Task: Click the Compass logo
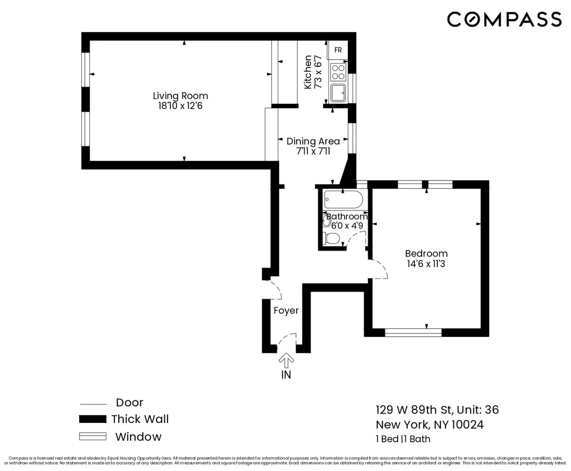[504, 19]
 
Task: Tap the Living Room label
[180, 96]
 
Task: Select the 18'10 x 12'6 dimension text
[180, 106]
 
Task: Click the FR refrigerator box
[338, 50]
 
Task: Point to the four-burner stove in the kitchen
[338, 72]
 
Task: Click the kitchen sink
[338, 93]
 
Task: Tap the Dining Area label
[313, 141]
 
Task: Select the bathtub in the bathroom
[343, 200]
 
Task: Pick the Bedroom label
[426, 253]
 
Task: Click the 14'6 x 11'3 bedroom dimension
[426, 264]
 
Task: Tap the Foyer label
[286, 311]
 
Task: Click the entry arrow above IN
[286, 361]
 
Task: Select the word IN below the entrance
[286, 375]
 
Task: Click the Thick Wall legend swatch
[93, 419]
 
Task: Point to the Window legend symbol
[93, 437]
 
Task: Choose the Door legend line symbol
[93, 404]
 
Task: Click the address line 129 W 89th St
[437, 410]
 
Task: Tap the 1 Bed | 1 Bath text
[402, 439]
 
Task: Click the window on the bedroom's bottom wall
[413, 333]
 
